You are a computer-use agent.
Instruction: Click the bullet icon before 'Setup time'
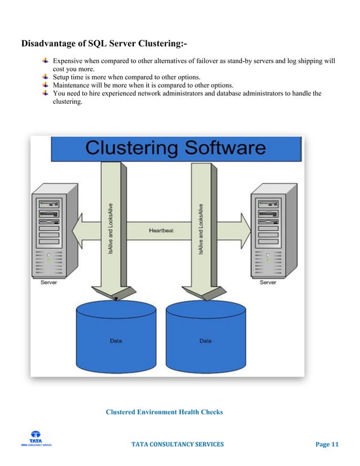pos(46,76)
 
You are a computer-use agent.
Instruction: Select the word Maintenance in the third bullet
pos(73,85)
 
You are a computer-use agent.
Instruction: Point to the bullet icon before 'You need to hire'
pos(46,93)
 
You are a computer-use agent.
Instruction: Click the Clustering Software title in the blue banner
pos(175,148)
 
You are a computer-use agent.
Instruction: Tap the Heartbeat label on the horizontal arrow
pos(161,230)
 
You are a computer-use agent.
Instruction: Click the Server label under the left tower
pos(49,283)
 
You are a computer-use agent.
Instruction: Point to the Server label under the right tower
pos(268,283)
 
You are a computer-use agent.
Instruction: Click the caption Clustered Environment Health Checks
pos(164,412)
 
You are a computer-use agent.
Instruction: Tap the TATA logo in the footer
pos(36,438)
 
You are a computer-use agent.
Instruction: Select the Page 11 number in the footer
pos(327,445)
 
